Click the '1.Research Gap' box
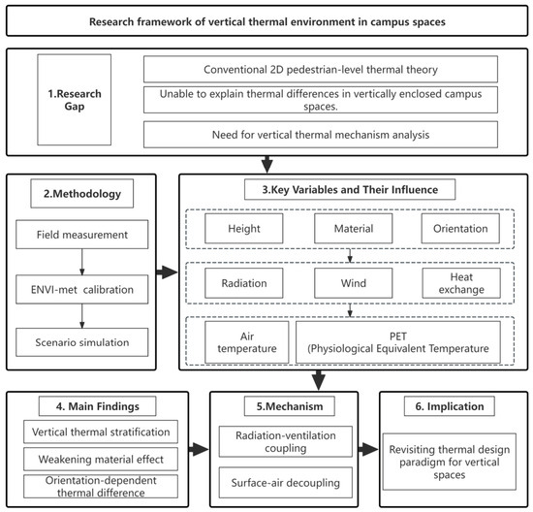(x=74, y=100)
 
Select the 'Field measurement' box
(x=82, y=235)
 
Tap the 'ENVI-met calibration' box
(x=82, y=290)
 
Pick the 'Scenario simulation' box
(x=82, y=342)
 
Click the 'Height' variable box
(x=243, y=228)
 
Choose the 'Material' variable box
(x=353, y=228)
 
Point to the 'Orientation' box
(x=460, y=228)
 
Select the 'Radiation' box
(x=243, y=283)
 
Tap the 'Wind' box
(x=353, y=283)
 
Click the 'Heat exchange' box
(x=461, y=283)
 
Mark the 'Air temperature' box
(x=247, y=342)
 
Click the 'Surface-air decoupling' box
(x=286, y=483)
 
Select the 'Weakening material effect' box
(x=101, y=460)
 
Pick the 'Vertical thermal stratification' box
(x=101, y=432)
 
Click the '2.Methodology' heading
(x=82, y=194)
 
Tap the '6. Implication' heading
(x=450, y=406)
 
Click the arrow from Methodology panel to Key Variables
(x=167, y=272)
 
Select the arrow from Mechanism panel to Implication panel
(x=368, y=449)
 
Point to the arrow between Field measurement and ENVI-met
(x=82, y=262)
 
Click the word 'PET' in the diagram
(x=397, y=336)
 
